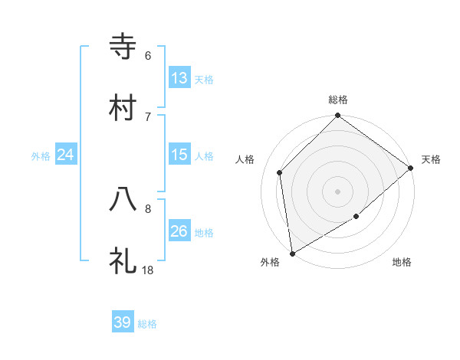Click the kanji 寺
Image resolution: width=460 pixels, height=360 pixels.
(123, 47)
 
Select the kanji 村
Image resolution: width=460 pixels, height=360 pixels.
(123, 107)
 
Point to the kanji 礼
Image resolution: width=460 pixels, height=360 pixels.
(123, 261)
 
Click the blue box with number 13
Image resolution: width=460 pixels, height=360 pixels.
(179, 78)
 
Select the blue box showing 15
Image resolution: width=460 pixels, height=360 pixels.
(179, 155)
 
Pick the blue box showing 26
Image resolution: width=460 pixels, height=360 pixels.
(179, 231)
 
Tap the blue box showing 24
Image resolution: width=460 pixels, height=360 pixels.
(65, 155)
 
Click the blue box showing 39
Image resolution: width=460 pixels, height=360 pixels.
(122, 322)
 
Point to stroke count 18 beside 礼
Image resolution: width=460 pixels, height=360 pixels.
(148, 270)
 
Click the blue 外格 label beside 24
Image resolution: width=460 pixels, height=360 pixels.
(41, 155)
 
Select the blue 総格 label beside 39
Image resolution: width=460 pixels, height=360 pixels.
(147, 323)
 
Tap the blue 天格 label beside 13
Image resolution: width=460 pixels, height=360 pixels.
(203, 79)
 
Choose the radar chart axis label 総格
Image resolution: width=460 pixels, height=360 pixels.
(338, 100)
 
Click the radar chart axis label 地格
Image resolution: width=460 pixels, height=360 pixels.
(402, 262)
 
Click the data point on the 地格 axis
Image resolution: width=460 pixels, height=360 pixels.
(356, 217)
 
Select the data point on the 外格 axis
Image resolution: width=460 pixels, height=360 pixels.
(292, 253)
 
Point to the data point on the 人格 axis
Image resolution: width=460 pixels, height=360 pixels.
(280, 172)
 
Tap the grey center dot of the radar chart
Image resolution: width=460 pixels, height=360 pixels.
(337, 191)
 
